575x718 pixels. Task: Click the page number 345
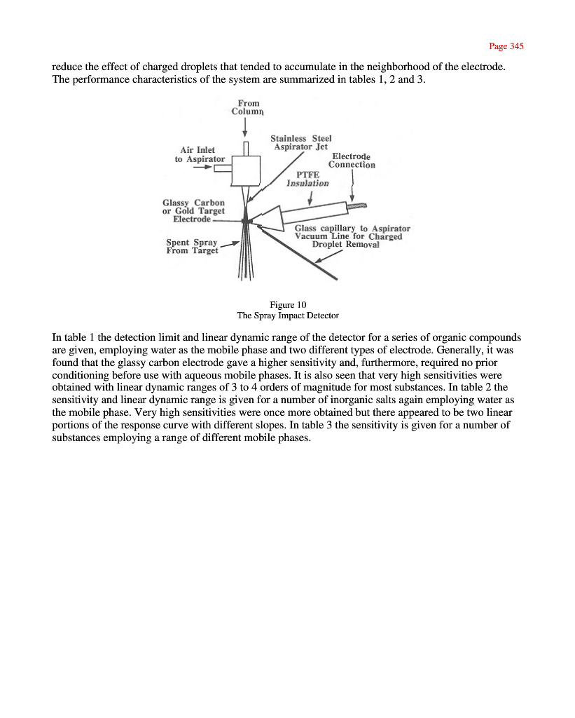pos(506,46)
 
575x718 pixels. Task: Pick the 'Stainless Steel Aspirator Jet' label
pos(300,142)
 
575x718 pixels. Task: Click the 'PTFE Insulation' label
pos(307,178)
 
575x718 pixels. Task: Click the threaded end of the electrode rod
pos(357,205)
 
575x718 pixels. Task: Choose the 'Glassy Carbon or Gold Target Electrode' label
pos(193,211)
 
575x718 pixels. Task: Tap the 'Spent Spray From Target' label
pos(192,247)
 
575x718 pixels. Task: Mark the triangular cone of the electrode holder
pos(269,218)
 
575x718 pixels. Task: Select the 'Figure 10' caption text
pos(287,304)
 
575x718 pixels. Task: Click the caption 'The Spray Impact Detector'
pos(287,316)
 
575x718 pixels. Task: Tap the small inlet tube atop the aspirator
pos(245,149)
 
